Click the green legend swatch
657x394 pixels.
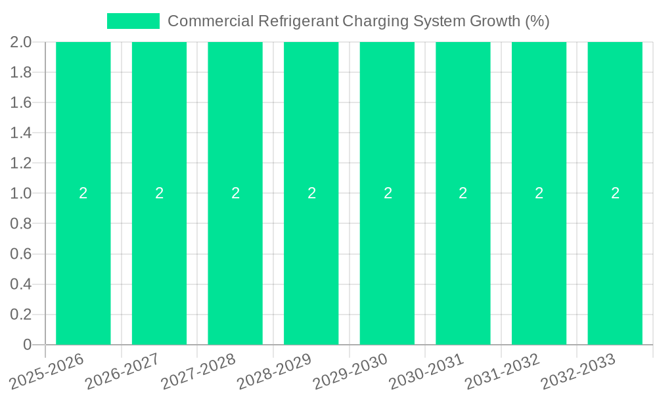133,21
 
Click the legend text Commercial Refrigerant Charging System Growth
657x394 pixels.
358,21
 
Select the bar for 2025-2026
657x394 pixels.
83,263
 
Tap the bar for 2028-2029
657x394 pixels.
311,263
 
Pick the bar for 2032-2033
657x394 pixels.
615,263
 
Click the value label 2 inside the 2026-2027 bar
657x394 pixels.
159,193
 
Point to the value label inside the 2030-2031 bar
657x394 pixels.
463,193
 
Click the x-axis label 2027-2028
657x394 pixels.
199,372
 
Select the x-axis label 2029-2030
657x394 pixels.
351,372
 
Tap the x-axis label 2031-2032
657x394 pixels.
503,372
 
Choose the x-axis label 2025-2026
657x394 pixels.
47,372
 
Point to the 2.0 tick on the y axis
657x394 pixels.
21,43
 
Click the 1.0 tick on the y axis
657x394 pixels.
21,194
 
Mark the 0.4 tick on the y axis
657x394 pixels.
21,284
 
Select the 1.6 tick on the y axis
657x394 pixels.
21,103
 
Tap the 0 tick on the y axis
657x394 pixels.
27,345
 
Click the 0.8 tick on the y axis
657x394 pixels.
21,224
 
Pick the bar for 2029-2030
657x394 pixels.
387,263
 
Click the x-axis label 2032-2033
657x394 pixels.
579,372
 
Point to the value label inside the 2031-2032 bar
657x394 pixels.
539,193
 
